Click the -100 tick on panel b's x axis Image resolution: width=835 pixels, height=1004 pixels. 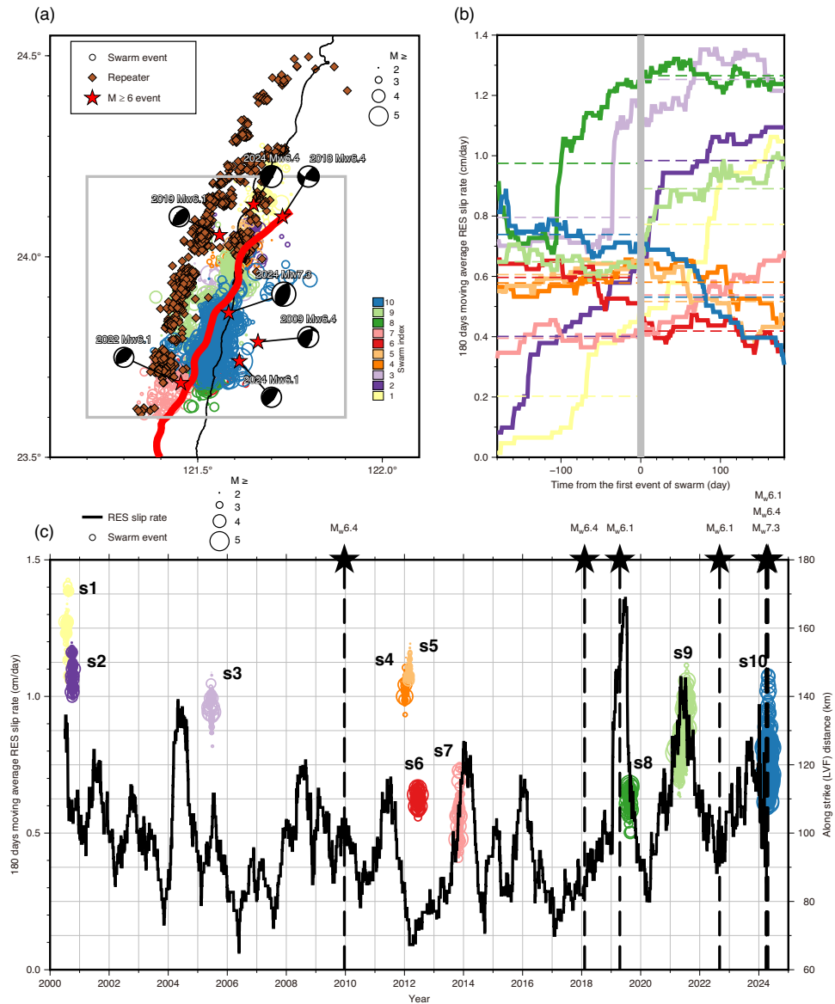[560, 470]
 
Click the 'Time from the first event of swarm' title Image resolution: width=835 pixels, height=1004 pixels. [641, 485]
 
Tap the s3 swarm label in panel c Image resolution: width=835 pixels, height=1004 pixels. [232, 673]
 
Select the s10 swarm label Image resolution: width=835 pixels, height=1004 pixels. [753, 662]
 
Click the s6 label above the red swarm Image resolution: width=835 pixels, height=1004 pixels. [414, 739]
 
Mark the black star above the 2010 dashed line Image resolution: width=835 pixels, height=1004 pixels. [344, 560]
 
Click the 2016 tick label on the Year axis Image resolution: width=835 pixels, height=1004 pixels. [522, 983]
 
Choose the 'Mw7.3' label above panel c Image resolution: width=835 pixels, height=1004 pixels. [766, 527]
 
